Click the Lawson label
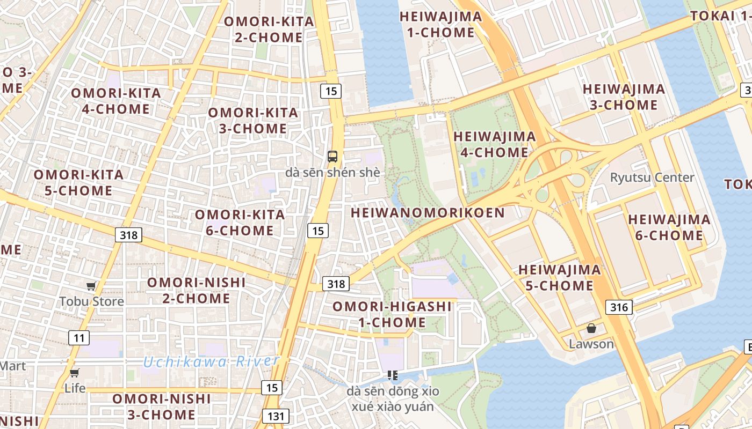(591, 344)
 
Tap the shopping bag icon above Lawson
(591, 328)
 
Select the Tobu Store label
(92, 301)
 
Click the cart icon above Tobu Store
(91, 286)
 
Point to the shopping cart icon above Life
(75, 373)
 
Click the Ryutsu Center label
(652, 177)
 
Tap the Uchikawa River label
(211, 362)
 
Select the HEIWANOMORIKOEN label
(428, 213)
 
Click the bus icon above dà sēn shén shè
(332, 157)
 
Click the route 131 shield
(276, 416)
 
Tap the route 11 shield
(79, 338)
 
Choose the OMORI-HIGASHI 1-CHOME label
(392, 315)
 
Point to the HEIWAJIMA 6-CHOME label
(669, 227)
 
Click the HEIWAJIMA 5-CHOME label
(559, 277)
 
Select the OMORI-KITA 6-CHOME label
(240, 223)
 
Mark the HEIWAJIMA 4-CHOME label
(494, 144)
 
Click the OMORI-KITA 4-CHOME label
(116, 101)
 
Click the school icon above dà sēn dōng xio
(393, 375)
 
